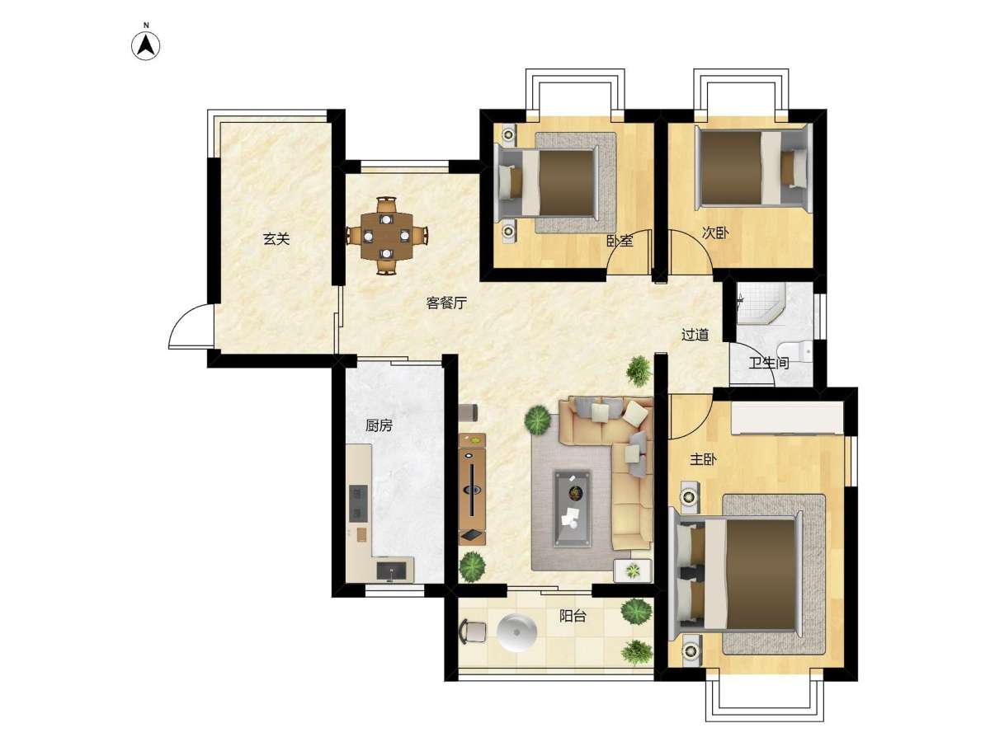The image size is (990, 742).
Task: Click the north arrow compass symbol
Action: (145, 45)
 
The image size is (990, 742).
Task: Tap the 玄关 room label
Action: (276, 238)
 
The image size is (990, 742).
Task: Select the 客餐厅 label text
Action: (446, 303)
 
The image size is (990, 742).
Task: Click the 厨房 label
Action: (379, 425)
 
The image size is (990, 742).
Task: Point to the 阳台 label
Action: (573, 616)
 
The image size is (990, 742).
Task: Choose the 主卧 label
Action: (703, 459)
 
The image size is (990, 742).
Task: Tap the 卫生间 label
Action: (769, 363)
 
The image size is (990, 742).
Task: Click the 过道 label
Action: (695, 335)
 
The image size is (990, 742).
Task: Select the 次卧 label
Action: (715, 233)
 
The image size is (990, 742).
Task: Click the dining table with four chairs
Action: (387, 236)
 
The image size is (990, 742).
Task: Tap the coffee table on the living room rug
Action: (572, 508)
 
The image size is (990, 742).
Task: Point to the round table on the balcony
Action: (517, 632)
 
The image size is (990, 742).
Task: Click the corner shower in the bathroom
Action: (761, 303)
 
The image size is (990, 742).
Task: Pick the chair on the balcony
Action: (472, 632)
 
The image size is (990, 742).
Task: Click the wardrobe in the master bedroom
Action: (787, 419)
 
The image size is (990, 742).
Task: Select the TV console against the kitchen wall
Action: (472, 489)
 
